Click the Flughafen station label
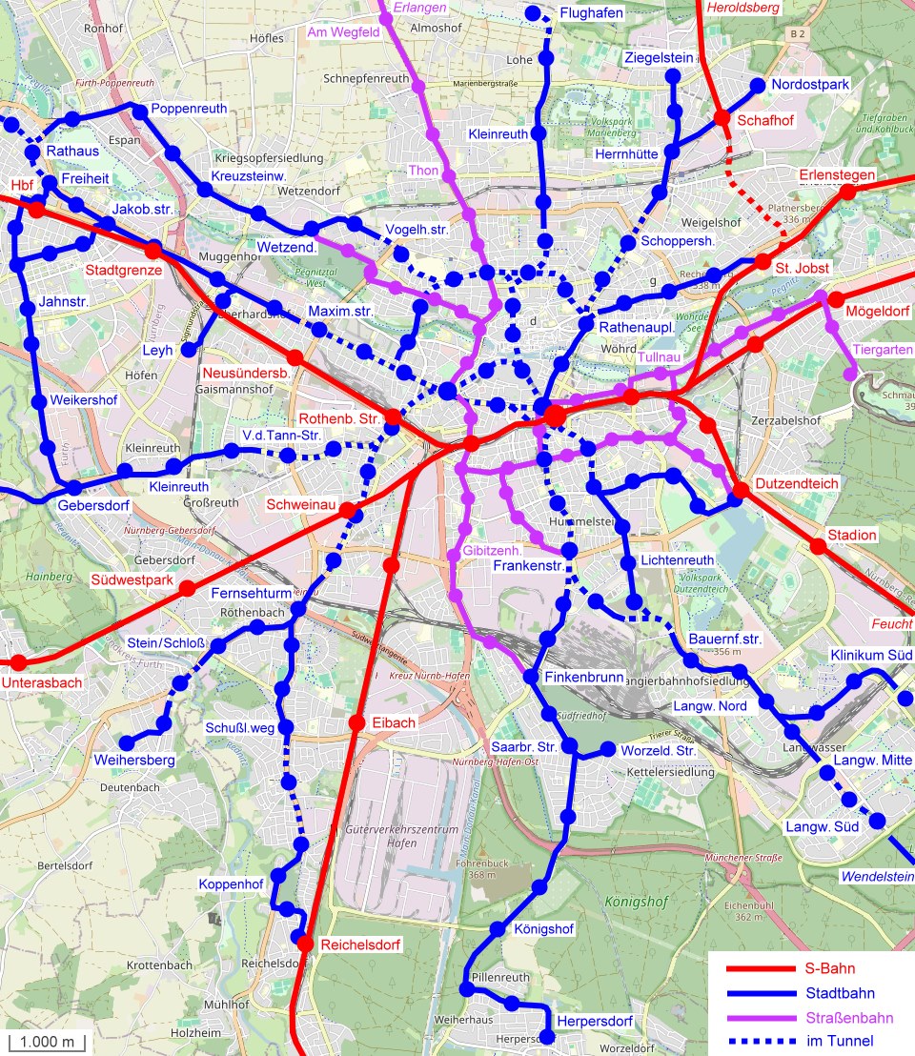click(591, 13)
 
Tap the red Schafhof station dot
click(722, 118)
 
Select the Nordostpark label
click(809, 85)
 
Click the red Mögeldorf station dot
click(836, 299)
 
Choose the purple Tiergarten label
click(883, 350)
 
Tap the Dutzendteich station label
click(797, 484)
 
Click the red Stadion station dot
click(818, 546)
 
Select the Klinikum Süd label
click(871, 656)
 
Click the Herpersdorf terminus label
click(595, 1022)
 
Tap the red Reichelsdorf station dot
click(305, 944)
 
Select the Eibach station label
click(394, 723)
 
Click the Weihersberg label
click(134, 761)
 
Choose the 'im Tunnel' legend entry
click(840, 1041)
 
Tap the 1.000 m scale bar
click(48, 1041)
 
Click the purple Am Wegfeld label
click(343, 32)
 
